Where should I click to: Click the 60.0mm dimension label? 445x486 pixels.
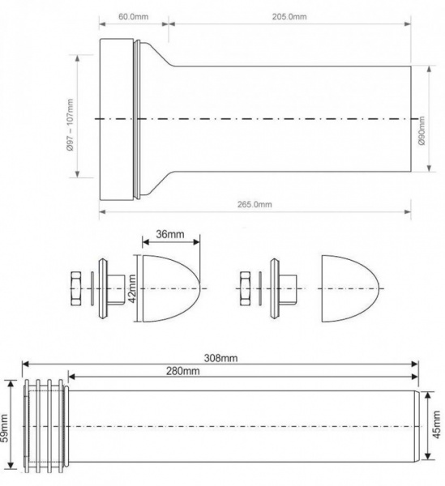(x=134, y=16)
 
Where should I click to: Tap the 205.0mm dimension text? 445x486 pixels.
(x=289, y=16)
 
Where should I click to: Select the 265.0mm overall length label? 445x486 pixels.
(x=255, y=205)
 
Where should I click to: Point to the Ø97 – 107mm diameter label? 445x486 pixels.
(x=70, y=125)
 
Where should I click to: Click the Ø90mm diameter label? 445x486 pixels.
(x=421, y=130)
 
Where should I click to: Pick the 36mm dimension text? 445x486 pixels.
(x=170, y=234)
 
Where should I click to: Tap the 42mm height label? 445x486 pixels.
(x=132, y=289)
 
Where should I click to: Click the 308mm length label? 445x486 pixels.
(x=220, y=358)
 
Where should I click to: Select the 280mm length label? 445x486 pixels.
(x=183, y=371)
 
